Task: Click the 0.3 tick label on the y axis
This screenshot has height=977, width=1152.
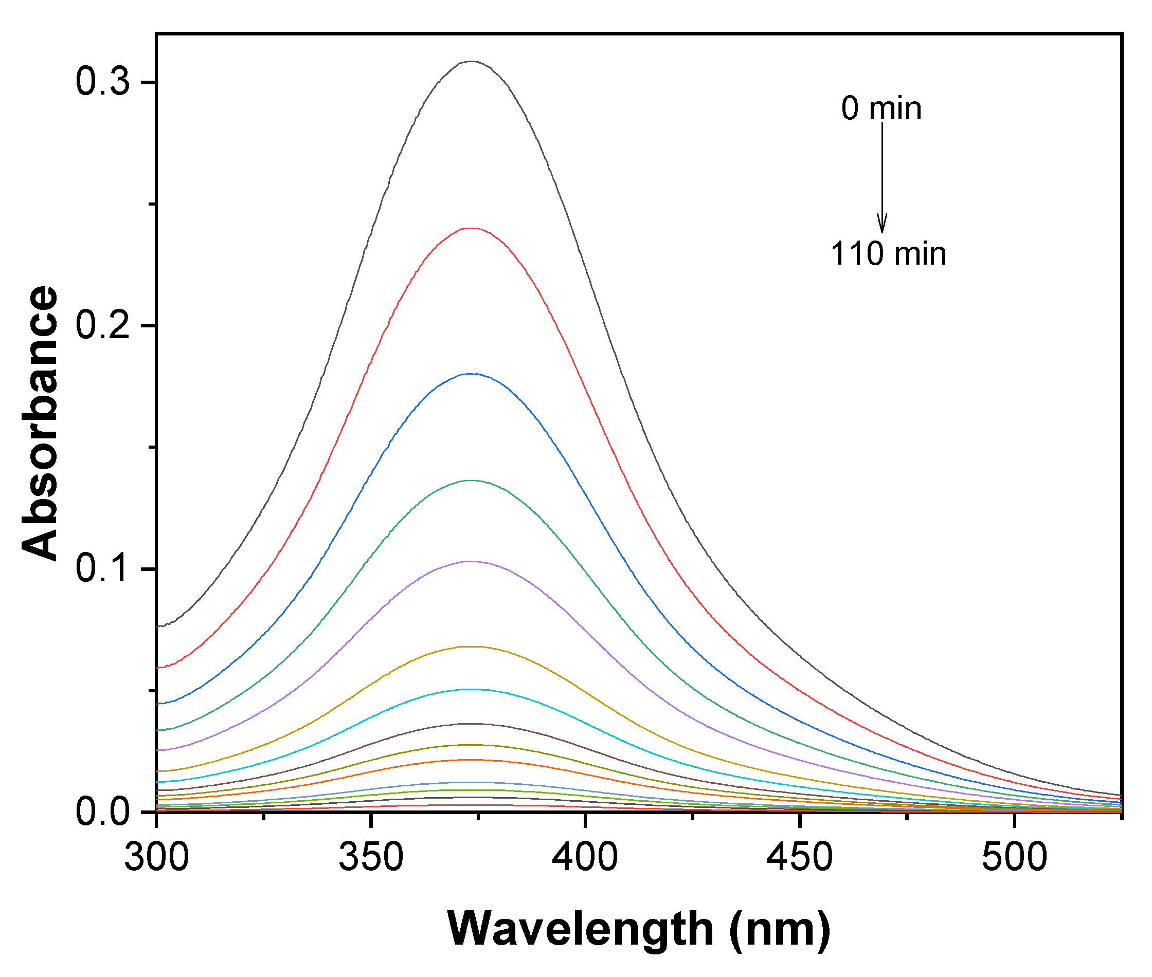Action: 102,82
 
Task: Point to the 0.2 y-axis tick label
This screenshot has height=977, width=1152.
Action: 102,325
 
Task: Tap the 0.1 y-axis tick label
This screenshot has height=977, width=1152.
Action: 102,568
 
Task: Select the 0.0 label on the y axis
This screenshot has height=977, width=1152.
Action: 102,813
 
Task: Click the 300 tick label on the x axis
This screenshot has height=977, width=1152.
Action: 156,857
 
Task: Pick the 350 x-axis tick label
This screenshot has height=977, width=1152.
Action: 371,857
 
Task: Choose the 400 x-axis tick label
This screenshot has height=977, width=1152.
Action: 585,857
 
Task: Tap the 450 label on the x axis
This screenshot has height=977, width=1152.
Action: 800,857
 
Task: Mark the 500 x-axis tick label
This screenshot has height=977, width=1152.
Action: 1014,857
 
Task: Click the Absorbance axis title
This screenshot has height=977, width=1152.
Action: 40,423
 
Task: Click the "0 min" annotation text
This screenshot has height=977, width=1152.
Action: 881,108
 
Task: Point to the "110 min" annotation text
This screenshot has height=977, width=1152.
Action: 888,254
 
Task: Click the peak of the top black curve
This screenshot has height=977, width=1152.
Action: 471,62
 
